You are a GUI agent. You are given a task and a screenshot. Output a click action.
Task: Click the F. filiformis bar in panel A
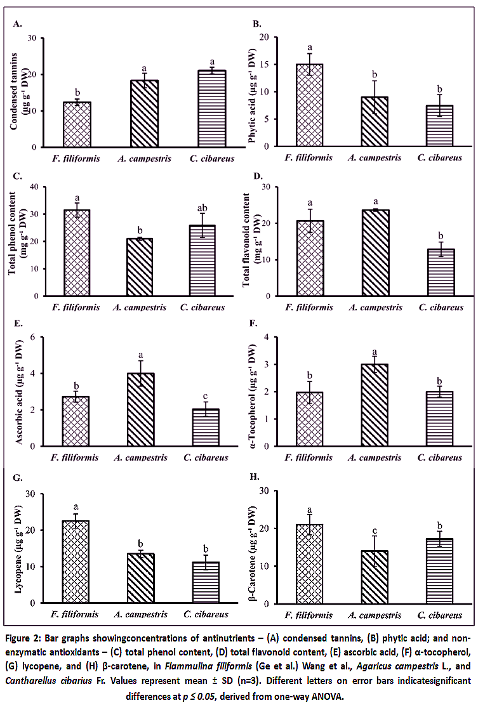coord(77,124)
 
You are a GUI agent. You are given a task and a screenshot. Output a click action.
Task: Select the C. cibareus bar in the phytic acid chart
coord(439,126)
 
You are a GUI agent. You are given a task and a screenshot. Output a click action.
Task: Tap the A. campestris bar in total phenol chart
coord(140,267)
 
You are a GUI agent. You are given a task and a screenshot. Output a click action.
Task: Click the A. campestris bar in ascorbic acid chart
coord(141,410)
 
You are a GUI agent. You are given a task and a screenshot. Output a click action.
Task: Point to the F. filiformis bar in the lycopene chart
coord(76,562)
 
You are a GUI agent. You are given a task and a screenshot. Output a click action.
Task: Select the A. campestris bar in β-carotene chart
coord(375,577)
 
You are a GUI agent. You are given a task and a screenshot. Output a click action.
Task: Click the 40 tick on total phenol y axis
coord(34,187)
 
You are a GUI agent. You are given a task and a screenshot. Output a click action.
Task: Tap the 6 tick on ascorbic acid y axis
coord(32,337)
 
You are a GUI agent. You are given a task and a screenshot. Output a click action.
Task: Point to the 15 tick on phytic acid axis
coord(264,64)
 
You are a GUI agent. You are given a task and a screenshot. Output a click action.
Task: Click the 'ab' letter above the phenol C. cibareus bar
coord(202,208)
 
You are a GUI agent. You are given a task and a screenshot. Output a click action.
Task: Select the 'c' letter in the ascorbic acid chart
coord(206,397)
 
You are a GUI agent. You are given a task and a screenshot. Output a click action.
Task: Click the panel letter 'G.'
coord(18,477)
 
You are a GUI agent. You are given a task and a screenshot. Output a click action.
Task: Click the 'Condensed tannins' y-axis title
coord(13,91)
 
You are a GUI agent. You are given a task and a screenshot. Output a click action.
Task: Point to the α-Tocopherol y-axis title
coord(253,392)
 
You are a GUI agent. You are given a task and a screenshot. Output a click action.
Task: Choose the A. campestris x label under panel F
coord(375,457)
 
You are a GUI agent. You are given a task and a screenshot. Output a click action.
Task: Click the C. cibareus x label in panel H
coord(439,615)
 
